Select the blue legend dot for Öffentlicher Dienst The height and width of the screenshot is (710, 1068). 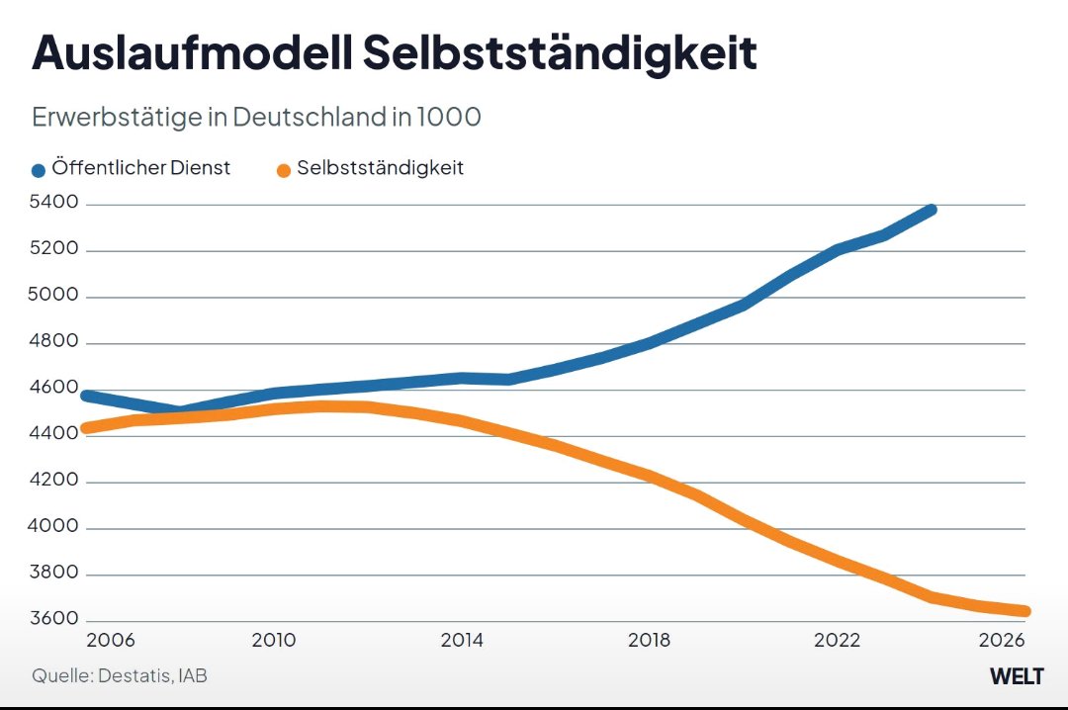39,170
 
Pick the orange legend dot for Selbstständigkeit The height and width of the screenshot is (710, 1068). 284,170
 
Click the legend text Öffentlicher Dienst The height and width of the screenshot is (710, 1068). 140,168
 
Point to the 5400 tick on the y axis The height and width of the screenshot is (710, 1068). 53,203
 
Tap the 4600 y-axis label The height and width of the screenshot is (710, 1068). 53,388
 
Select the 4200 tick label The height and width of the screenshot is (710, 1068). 53,481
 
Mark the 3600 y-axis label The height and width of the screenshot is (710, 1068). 53,619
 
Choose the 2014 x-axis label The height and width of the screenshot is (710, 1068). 461,640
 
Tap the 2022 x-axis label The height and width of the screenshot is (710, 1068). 837,640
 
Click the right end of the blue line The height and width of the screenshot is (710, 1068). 931,210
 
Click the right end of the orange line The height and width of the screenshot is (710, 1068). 1024,611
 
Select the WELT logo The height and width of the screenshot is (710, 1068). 1017,676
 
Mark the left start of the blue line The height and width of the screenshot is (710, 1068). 87,396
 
